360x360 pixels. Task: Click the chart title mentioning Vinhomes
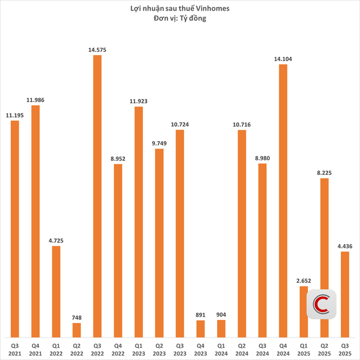pyautogui.click(x=180, y=8)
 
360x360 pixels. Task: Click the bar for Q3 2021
pyautogui.click(x=15, y=228)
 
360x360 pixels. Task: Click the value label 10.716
pyautogui.click(x=241, y=125)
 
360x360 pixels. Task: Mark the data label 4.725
pyautogui.click(x=56, y=241)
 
